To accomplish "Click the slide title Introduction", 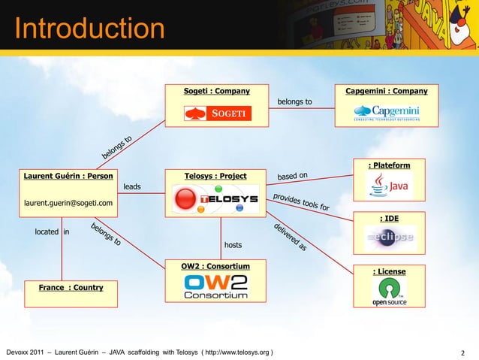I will pos(89,29).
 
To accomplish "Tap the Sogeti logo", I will pos(217,113).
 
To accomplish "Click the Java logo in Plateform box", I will pos(389,185).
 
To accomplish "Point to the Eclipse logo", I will pos(390,238).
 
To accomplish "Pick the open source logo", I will pos(389,293).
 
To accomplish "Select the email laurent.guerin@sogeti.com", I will pos(68,203).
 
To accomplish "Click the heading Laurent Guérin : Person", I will pos(68,177).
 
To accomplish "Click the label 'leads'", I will pos(131,186).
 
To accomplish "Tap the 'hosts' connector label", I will pos(233,245).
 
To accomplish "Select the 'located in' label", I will pos(52,232).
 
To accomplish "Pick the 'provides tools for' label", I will pos(300,201).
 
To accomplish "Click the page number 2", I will pos(462,351).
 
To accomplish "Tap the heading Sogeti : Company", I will pos(217,92).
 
